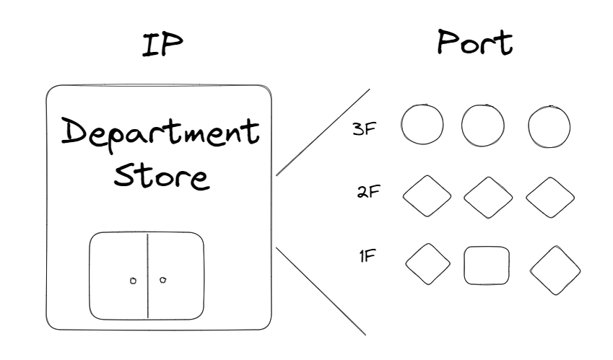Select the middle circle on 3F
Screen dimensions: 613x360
[x=482, y=126]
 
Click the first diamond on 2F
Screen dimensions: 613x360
[x=426, y=196]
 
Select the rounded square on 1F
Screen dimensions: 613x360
[x=487, y=266]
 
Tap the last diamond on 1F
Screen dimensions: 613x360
[x=555, y=271]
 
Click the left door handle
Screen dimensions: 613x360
[x=132, y=281]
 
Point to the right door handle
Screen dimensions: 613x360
[x=162, y=280]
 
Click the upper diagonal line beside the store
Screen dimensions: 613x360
[x=323, y=133]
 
